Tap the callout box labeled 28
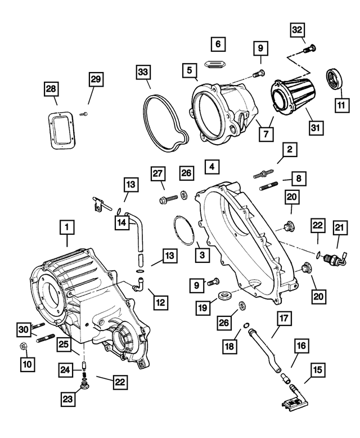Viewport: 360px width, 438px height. point(52,90)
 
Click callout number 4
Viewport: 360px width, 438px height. point(210,167)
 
